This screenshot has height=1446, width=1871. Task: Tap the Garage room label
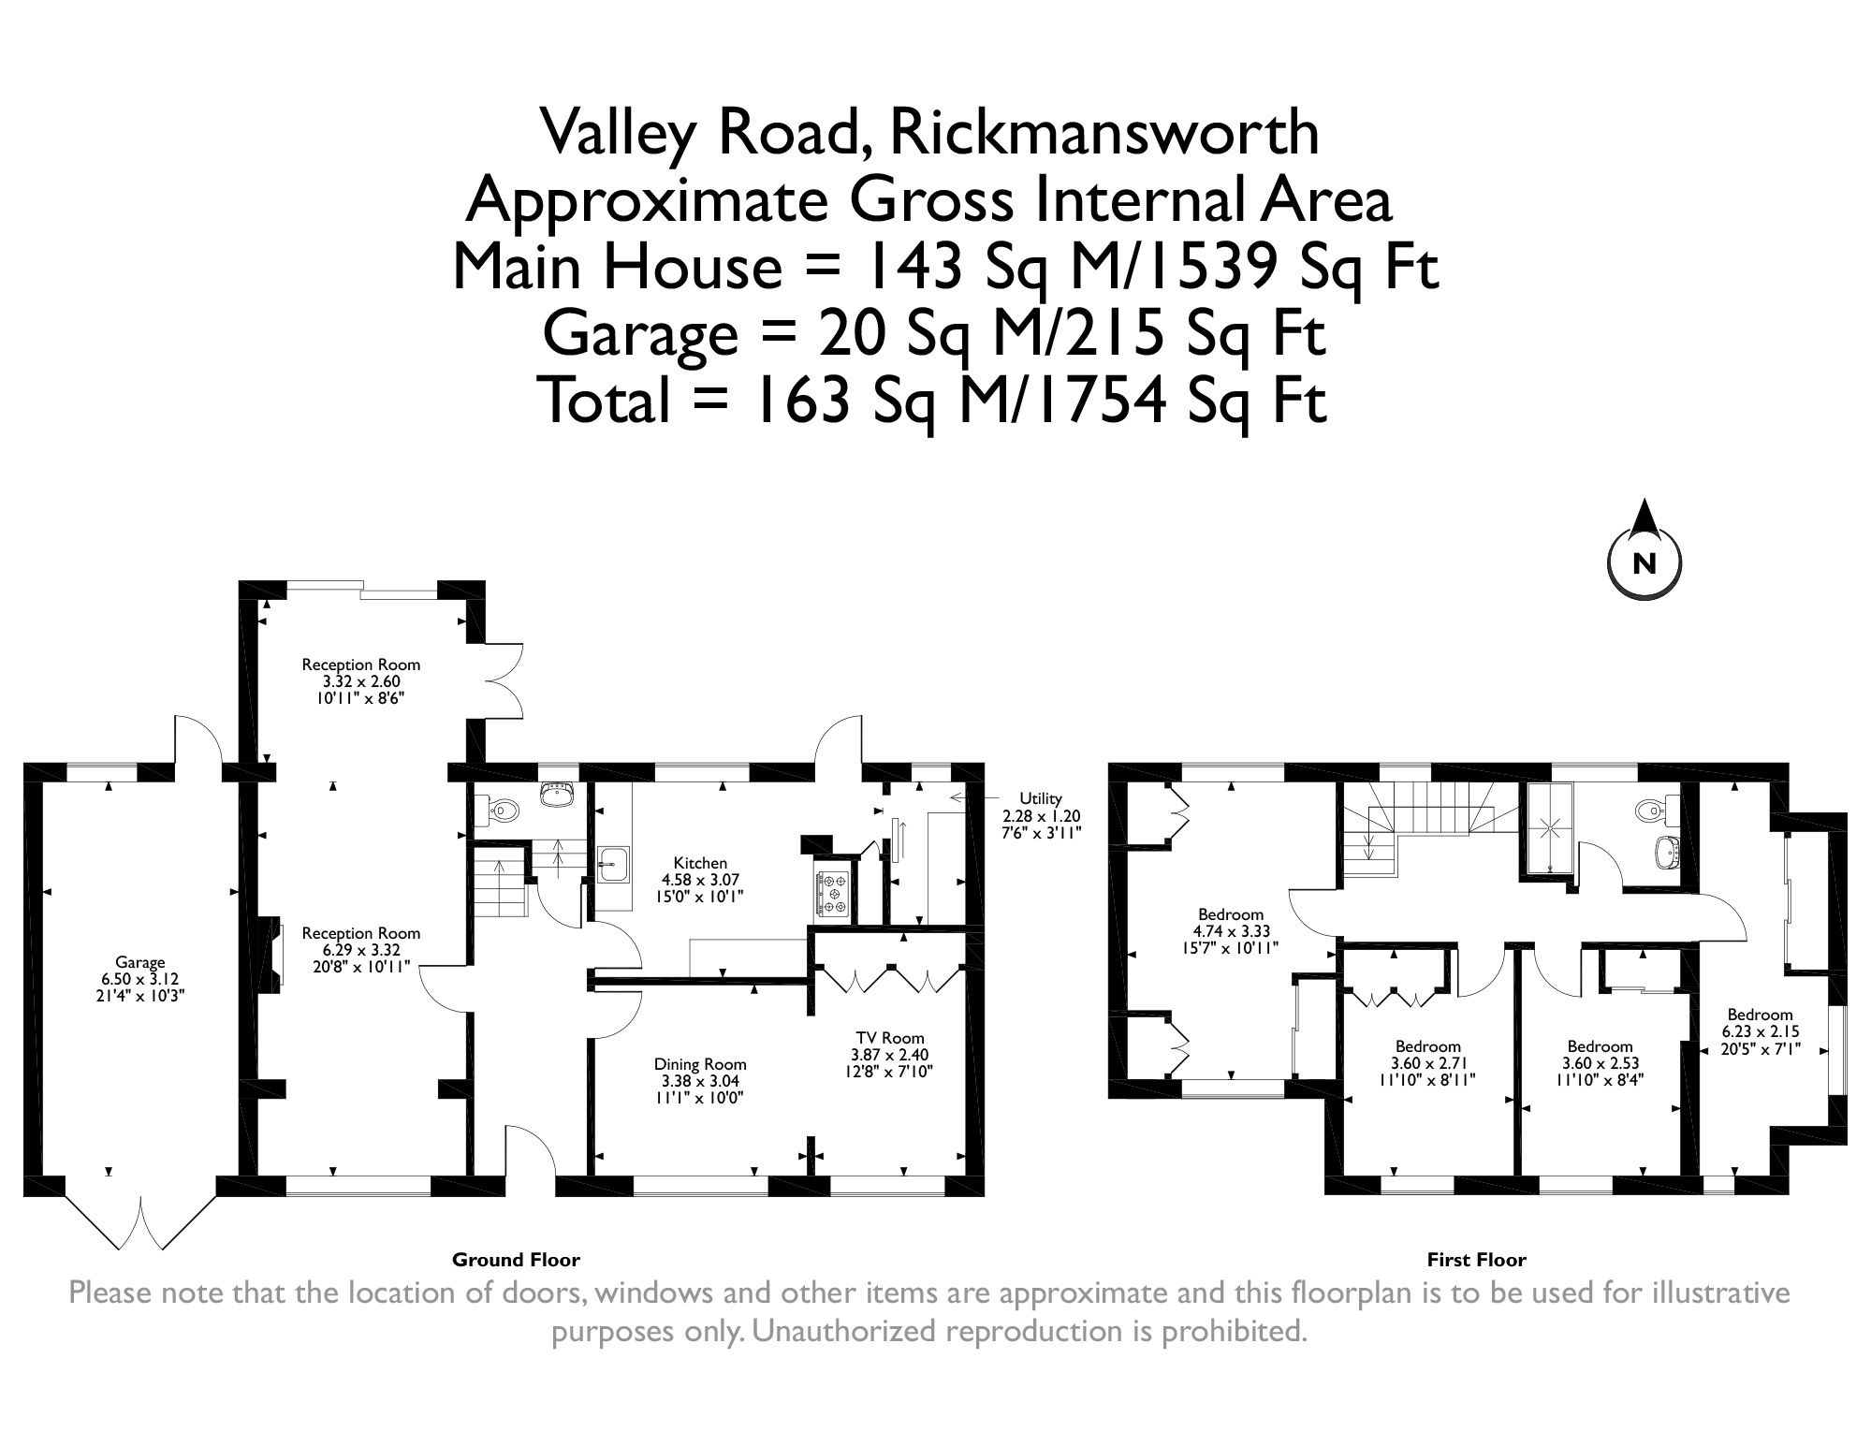[140, 961]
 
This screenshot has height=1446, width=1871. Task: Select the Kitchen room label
[700, 863]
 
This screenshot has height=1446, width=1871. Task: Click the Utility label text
[1040, 797]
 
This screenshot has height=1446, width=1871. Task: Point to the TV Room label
[889, 1037]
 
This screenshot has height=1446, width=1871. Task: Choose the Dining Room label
[700, 1063]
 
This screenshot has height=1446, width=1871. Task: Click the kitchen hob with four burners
[833, 893]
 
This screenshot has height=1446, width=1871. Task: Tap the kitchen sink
[614, 862]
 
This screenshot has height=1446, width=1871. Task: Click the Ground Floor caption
[516, 1260]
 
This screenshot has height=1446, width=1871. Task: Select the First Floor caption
[1476, 1260]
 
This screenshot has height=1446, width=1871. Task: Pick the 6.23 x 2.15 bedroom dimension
[1760, 1031]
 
